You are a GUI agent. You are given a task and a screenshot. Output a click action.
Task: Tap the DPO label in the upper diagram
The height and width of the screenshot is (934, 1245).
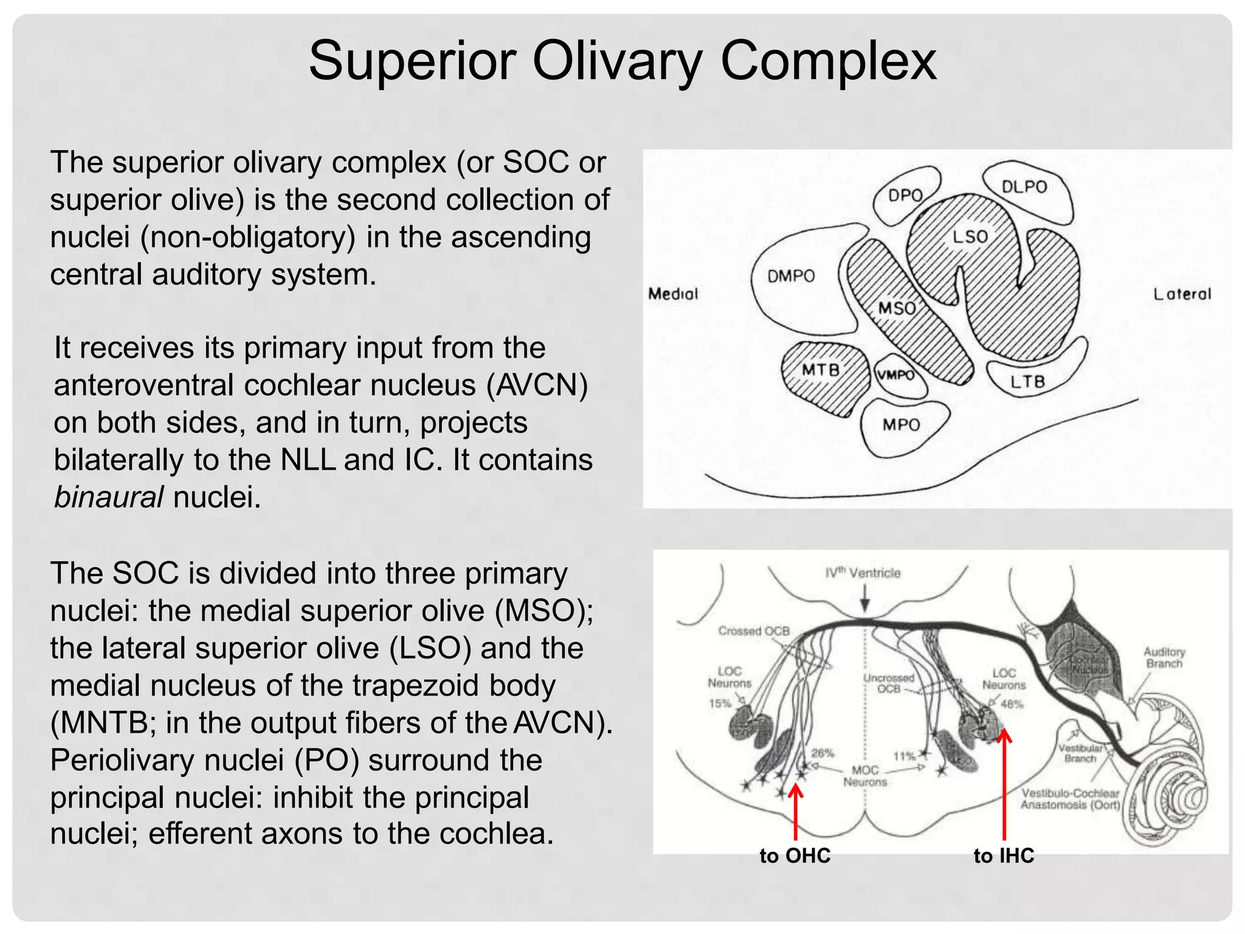pyautogui.click(x=905, y=195)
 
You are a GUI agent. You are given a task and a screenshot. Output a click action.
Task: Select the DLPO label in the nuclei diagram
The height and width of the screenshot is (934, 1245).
pyautogui.click(x=1024, y=186)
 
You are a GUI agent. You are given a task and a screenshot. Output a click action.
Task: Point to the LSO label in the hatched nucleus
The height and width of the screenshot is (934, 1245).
pyautogui.click(x=970, y=236)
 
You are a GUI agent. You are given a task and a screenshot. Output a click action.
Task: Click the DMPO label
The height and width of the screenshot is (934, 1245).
pyautogui.click(x=791, y=276)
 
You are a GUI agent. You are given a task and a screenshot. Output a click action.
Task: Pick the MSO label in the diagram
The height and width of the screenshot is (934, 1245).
pyautogui.click(x=897, y=308)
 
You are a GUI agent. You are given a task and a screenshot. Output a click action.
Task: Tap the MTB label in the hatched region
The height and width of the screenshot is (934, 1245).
pyautogui.click(x=821, y=370)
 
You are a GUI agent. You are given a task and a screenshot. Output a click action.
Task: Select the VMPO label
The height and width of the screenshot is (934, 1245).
pyautogui.click(x=895, y=375)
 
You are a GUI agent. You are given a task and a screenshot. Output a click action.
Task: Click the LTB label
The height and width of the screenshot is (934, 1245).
pyautogui.click(x=1027, y=382)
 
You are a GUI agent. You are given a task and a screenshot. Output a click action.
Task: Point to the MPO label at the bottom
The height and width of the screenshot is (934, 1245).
pyautogui.click(x=901, y=424)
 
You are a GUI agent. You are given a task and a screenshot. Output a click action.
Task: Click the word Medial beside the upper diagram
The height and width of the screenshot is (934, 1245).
pyautogui.click(x=673, y=294)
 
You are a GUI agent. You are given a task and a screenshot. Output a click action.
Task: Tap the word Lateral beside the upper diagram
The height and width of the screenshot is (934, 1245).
pyautogui.click(x=1182, y=294)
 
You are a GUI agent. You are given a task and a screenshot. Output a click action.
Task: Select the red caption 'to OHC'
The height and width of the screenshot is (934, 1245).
pyautogui.click(x=795, y=856)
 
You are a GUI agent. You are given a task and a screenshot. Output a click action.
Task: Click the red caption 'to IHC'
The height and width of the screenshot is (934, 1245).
pyautogui.click(x=1004, y=856)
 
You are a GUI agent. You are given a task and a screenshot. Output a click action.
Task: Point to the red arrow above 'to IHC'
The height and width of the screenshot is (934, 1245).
pyautogui.click(x=1004, y=784)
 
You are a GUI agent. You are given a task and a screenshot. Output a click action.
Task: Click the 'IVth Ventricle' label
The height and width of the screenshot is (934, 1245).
pyautogui.click(x=863, y=573)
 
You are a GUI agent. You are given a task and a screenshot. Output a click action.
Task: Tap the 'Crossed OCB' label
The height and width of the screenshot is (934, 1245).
pyautogui.click(x=754, y=631)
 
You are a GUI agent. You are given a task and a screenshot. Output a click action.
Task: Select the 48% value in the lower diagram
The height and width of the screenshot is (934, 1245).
pyautogui.click(x=1012, y=704)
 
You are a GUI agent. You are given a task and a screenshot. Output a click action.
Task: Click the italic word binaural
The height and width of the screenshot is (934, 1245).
pyautogui.click(x=109, y=497)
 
